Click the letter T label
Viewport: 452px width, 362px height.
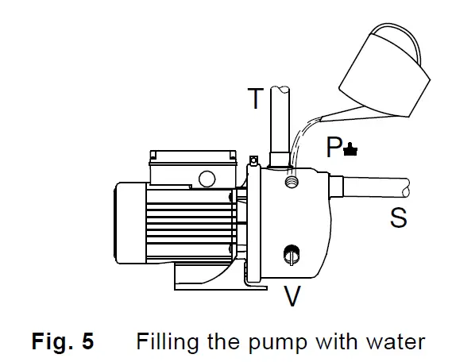254,99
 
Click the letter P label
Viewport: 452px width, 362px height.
334,147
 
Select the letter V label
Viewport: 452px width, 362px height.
292,296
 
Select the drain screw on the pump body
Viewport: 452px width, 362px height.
291,255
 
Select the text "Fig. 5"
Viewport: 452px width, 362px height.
63,342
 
